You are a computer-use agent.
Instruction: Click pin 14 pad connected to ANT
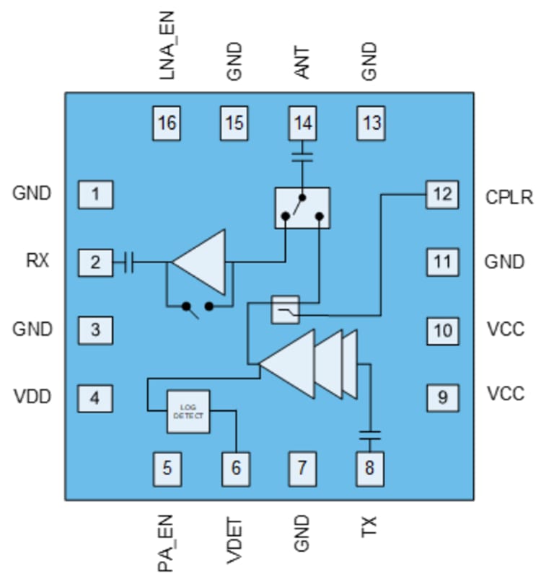click(x=302, y=123)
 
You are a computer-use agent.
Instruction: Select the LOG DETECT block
click(x=188, y=412)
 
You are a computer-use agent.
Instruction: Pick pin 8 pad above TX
click(x=370, y=468)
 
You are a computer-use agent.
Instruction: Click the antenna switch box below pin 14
click(x=302, y=208)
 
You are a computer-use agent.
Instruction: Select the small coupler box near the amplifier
click(x=285, y=309)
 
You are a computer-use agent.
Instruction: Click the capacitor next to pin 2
click(x=129, y=262)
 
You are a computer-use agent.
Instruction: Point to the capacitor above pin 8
click(x=370, y=435)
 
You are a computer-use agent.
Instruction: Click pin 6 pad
click(x=235, y=468)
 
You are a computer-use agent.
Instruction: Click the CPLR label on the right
click(x=509, y=197)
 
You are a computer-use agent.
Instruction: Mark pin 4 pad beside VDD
click(x=96, y=397)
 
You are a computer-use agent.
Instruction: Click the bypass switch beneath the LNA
click(x=198, y=306)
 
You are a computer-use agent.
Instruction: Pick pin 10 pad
click(x=441, y=330)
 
